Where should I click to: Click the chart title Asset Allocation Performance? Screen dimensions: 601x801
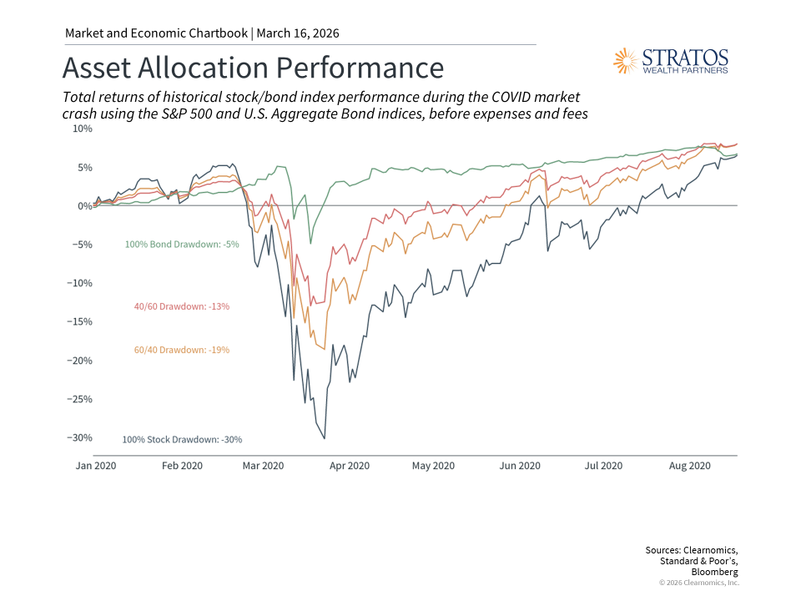(x=253, y=67)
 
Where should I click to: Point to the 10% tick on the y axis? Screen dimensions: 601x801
(x=82, y=129)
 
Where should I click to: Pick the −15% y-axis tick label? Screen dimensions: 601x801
(x=80, y=322)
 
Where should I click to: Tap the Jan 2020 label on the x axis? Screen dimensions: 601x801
(x=95, y=466)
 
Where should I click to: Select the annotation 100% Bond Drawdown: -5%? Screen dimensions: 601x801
(x=182, y=245)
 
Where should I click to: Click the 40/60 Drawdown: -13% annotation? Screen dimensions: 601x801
(x=181, y=306)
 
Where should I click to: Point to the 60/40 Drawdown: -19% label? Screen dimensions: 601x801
(x=181, y=350)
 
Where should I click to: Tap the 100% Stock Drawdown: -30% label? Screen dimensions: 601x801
(x=182, y=439)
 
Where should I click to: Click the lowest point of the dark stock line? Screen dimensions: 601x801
(x=325, y=438)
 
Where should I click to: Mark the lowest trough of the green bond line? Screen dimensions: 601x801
(x=310, y=244)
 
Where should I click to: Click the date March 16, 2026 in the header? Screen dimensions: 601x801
(x=298, y=33)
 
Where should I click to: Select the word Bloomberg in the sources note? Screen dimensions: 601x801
(x=716, y=573)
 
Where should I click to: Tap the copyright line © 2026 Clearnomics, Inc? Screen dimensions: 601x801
(x=698, y=583)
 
